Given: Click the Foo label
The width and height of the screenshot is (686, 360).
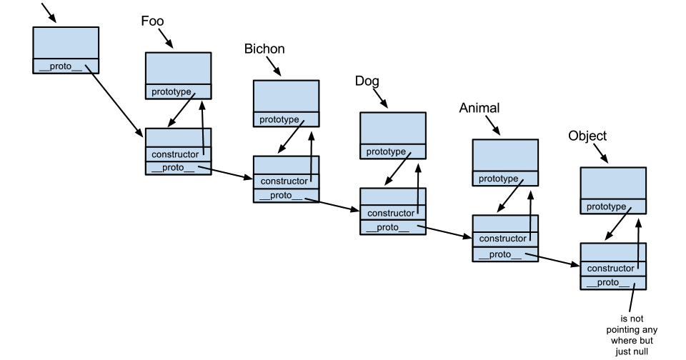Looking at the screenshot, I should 152,21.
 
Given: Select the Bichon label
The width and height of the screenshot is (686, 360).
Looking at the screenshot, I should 264,49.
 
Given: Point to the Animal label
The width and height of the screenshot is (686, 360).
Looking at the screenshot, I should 479,108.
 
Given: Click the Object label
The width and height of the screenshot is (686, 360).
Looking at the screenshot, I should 587,136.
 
